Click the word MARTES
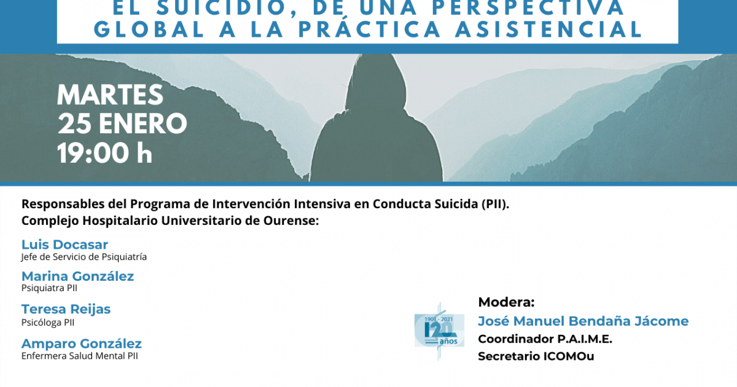pos(110,95)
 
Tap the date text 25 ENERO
pos(122,123)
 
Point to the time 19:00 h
pos(104,153)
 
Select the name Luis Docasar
pos(64,244)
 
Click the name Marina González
pos(77,276)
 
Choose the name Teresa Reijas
pos(66,309)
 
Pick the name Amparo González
pos(81,343)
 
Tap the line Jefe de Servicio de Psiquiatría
pos(84,257)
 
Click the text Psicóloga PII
pos(48,322)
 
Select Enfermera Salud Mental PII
pos(79,356)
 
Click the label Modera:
pos(506,302)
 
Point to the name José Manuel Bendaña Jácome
pos(583,321)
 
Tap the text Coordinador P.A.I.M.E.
pos(545,339)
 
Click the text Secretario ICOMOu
pos(536,356)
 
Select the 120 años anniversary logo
pos(439,330)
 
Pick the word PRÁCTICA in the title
pos(370,29)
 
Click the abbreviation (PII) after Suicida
pos(496,205)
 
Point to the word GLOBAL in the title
pos(150,29)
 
